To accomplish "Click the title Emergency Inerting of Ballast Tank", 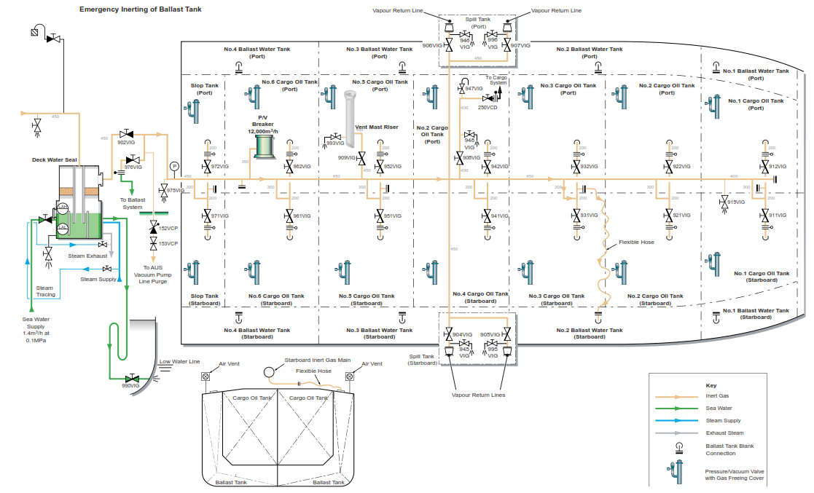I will [141, 9].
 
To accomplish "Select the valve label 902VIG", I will [126, 142].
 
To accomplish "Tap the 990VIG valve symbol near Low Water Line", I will [133, 379].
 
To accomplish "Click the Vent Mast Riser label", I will [375, 127].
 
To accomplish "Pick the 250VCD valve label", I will [487, 107].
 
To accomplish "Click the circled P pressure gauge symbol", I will [174, 166].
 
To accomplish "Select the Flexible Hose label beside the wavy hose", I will [636, 242].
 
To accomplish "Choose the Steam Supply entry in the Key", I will [723, 421].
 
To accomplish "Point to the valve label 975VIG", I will [176, 190].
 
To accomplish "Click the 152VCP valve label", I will [168, 229].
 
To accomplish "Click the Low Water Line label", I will [180, 361].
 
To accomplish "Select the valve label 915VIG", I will [736, 202].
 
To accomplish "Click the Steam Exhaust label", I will [87, 256].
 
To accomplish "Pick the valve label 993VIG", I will [336, 143].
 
